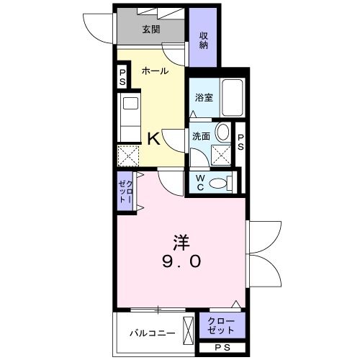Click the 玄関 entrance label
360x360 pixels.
[x=150, y=30]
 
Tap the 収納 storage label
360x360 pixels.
[x=204, y=40]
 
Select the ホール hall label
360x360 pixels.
[x=155, y=71]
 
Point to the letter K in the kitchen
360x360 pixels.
[x=154, y=138]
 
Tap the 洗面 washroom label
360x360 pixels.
[x=201, y=136]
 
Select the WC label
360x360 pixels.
[x=201, y=183]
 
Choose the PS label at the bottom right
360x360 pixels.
[x=222, y=348]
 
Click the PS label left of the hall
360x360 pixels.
[x=122, y=76]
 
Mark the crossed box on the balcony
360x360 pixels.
[x=187, y=330]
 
